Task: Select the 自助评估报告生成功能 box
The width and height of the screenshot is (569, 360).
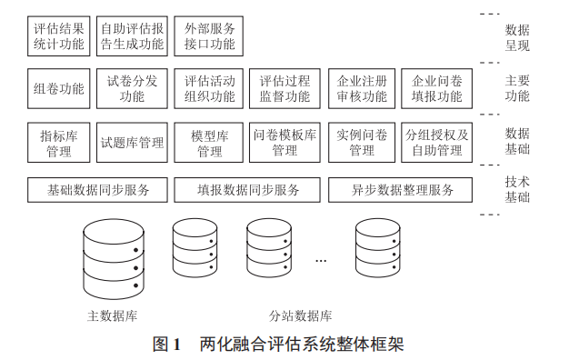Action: tap(133, 36)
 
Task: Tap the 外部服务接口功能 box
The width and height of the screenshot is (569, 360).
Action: tap(208, 36)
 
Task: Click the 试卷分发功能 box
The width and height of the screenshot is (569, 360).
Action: tap(133, 89)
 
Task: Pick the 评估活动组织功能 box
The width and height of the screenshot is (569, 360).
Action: tap(208, 89)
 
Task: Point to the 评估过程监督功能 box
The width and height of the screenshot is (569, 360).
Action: tap(284, 89)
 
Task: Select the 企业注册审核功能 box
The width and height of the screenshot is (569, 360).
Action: tap(361, 89)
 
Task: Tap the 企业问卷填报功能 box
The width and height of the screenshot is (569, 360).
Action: tap(437, 89)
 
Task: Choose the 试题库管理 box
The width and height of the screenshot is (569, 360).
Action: tap(133, 143)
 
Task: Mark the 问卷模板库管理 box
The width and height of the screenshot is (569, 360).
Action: tap(284, 143)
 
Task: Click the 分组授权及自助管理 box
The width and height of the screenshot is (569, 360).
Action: tap(437, 143)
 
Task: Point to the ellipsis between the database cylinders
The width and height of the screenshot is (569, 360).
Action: tap(321, 260)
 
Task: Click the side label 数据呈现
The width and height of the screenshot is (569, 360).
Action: tap(517, 36)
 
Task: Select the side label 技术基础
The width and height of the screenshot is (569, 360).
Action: tap(517, 189)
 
